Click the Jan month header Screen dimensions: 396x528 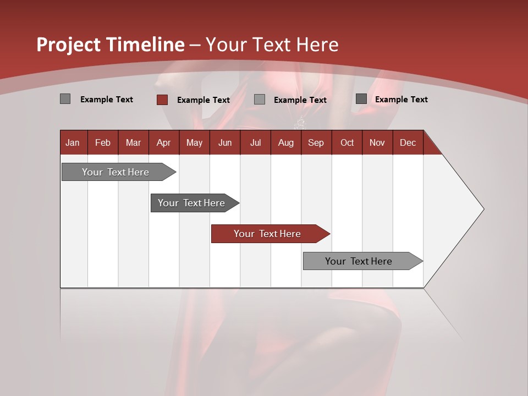coord(73,143)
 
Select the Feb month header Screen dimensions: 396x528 coord(103,143)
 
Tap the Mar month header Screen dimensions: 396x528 coord(133,143)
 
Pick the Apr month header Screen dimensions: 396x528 coord(163,143)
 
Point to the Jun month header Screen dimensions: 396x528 coord(225,143)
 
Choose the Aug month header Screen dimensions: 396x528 coord(286,143)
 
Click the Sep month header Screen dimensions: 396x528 coord(316,143)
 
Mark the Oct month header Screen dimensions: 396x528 coord(347,143)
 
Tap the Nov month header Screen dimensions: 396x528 coord(377,143)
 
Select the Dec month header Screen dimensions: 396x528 coord(408,143)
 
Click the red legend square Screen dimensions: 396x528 coord(162,100)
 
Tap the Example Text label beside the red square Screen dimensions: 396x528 coord(204,100)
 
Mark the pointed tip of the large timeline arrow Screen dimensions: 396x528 coord(483,209)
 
